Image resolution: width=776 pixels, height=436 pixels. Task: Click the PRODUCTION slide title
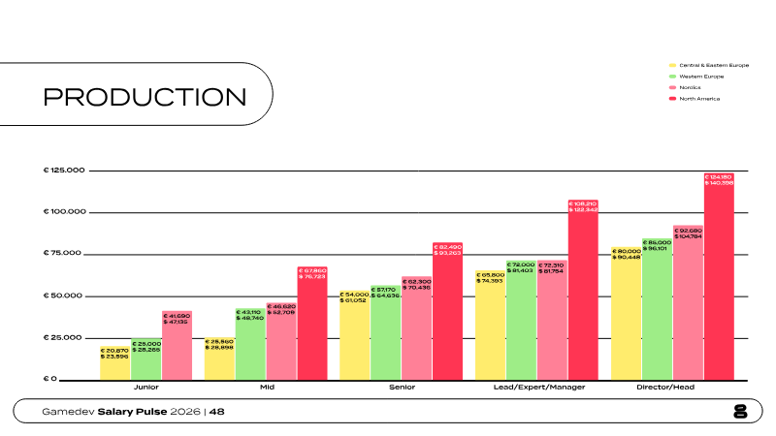pos(145,96)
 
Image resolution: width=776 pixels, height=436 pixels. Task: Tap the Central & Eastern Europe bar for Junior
pos(114,362)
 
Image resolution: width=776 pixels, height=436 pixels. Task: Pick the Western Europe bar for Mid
pos(250,343)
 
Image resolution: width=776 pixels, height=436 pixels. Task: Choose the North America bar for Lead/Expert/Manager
pos(583,290)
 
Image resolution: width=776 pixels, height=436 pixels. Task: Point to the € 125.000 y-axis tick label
pos(65,171)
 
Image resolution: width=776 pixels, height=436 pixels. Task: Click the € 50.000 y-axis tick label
pos(65,296)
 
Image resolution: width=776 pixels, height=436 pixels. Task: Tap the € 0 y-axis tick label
pos(50,379)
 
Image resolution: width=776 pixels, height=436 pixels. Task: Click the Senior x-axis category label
pos(401,388)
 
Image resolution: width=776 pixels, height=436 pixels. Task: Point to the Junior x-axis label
pos(146,388)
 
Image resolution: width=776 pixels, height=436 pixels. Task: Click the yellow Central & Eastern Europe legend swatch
pos(672,65)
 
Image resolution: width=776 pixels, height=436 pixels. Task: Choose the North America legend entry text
pos(699,99)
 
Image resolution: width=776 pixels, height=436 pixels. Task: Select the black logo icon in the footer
pos(741,412)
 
